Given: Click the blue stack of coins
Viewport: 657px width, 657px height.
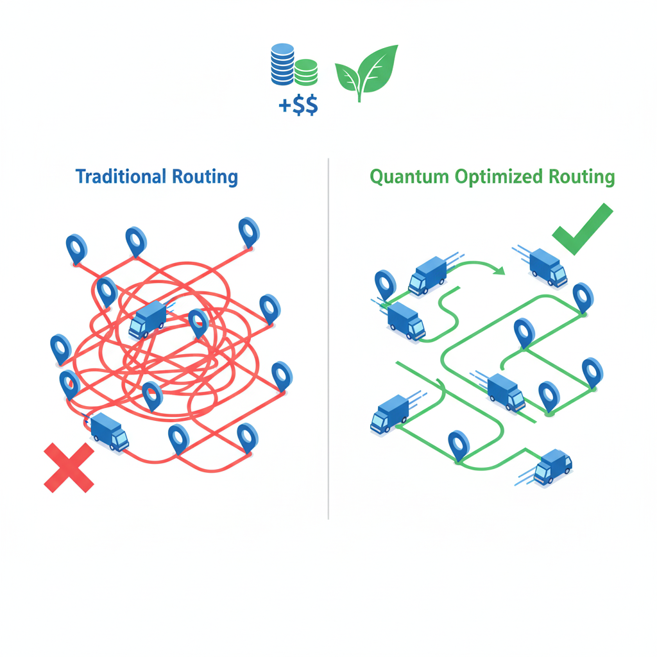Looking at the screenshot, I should [282, 64].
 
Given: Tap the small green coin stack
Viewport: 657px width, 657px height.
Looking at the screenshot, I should [307, 72].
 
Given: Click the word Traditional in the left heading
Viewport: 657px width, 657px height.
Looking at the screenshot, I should [120, 176].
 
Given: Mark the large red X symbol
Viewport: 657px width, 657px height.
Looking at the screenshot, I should [69, 468].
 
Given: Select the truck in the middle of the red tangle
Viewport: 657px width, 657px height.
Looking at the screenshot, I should [148, 319].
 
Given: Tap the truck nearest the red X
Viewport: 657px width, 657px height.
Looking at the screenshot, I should [109, 431].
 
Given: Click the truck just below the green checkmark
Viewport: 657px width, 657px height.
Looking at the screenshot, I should [549, 267].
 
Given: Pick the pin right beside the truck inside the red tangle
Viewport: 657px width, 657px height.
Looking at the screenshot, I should [198, 323].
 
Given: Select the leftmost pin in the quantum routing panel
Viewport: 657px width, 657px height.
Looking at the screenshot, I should [385, 284].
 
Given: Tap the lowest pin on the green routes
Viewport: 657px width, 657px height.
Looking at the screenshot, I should [458, 445].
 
